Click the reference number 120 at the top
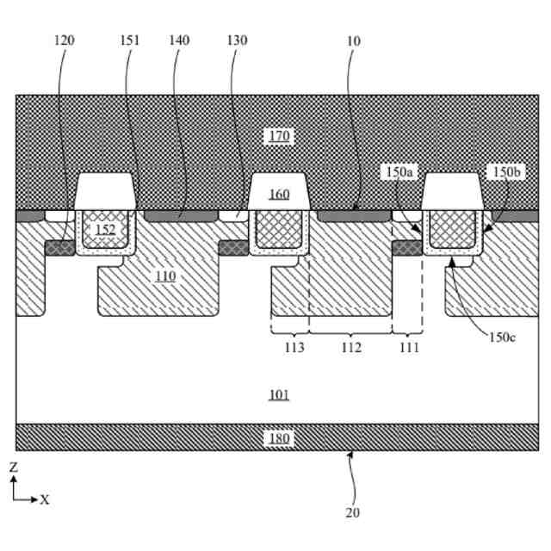[x=64, y=40]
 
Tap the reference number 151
[x=131, y=40]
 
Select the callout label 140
[x=179, y=40]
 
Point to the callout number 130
[x=237, y=40]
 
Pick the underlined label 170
[x=279, y=135]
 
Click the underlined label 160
[x=279, y=194]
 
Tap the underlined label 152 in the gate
[x=105, y=229]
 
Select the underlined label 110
[x=165, y=275]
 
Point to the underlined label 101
[x=279, y=395]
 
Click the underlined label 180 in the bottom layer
[x=279, y=438]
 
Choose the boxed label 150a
[x=400, y=172]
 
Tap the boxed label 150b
[x=504, y=172]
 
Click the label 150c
[x=503, y=337]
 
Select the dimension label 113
[x=294, y=348]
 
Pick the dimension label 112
[x=351, y=348]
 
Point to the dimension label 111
[x=409, y=348]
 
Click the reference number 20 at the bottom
[x=352, y=513]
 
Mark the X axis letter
[x=45, y=499]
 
